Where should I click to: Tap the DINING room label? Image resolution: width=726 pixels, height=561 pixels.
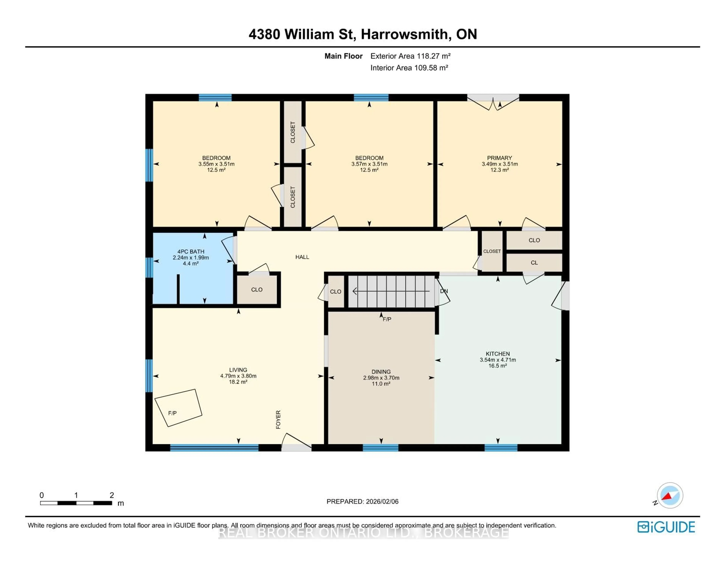pyautogui.click(x=381, y=372)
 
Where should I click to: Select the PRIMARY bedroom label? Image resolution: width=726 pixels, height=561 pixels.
pyautogui.click(x=499, y=158)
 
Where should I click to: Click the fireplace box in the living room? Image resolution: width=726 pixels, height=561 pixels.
pyautogui.click(x=178, y=408)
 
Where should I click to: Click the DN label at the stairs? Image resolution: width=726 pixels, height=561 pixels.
pyautogui.click(x=444, y=291)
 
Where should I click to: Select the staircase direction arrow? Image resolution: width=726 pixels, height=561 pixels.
pyautogui.click(x=391, y=291)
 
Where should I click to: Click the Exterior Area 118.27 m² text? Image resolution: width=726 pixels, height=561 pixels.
pyautogui.click(x=410, y=56)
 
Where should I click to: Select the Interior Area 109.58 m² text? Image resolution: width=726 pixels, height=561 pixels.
pyautogui.click(x=409, y=68)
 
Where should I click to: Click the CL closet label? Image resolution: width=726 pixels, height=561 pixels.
pyautogui.click(x=534, y=263)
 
